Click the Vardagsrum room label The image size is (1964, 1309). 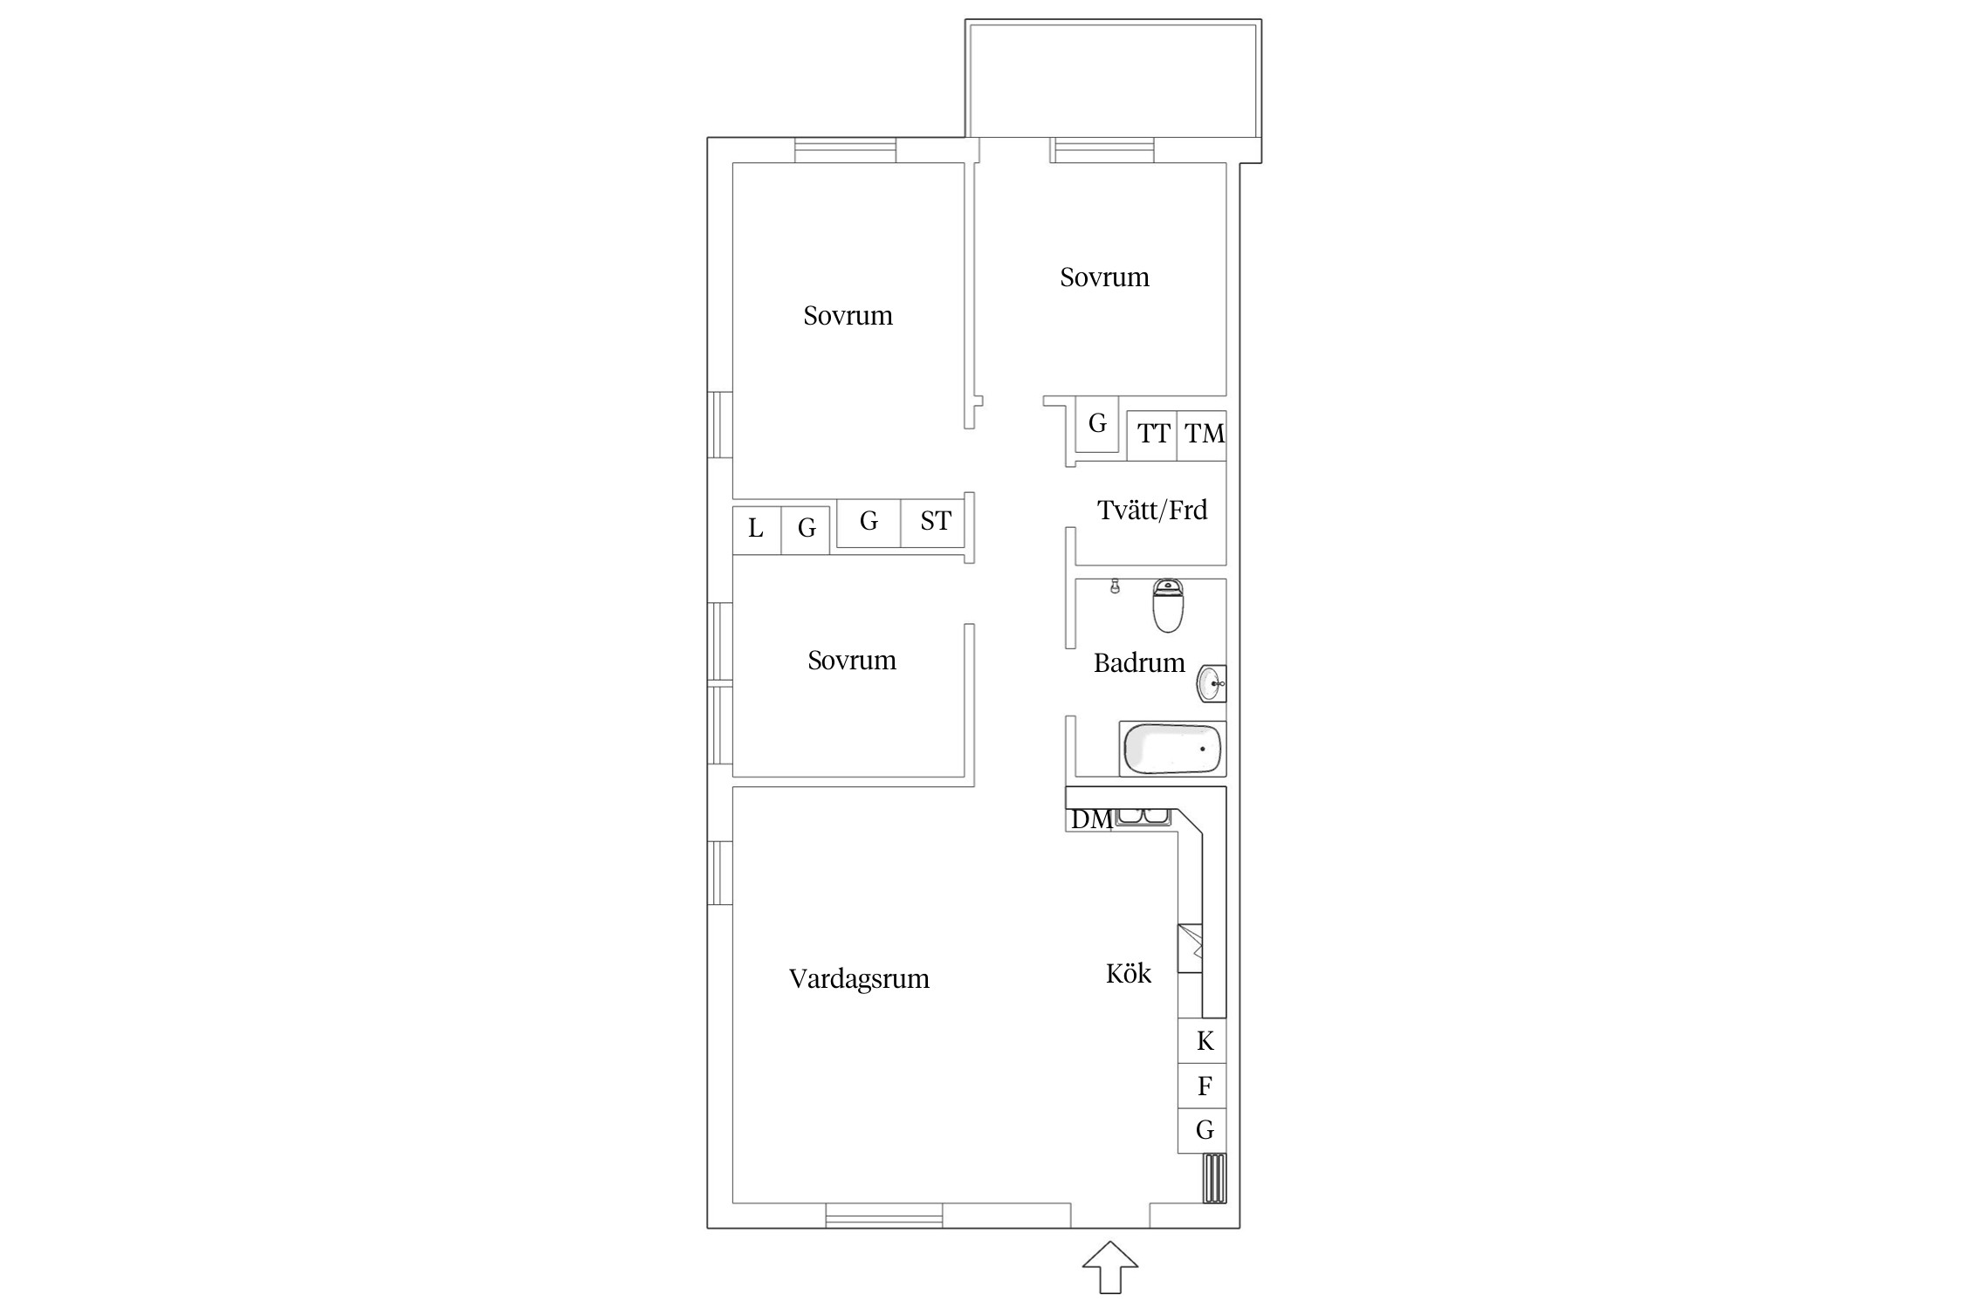click(859, 979)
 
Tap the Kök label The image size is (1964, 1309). click(1129, 973)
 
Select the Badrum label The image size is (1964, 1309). click(1139, 663)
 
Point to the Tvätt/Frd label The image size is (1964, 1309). click(1152, 510)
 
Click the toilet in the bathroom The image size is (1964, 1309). click(1168, 605)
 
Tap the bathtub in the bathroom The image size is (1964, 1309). click(1172, 749)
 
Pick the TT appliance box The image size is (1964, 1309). click(1152, 435)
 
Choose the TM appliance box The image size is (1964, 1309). click(1202, 435)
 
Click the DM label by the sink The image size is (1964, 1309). click(1091, 819)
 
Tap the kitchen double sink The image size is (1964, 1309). click(1143, 817)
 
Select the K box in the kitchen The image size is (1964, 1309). click(1203, 1041)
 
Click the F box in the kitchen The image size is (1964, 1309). click(1203, 1086)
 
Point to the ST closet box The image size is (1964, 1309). click(933, 522)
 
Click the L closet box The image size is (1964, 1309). click(757, 530)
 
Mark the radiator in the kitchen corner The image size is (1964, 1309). click(1215, 1178)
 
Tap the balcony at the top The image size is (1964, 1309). click(1113, 80)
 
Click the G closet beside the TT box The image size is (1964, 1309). click(1097, 424)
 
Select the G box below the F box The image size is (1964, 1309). click(1203, 1131)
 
